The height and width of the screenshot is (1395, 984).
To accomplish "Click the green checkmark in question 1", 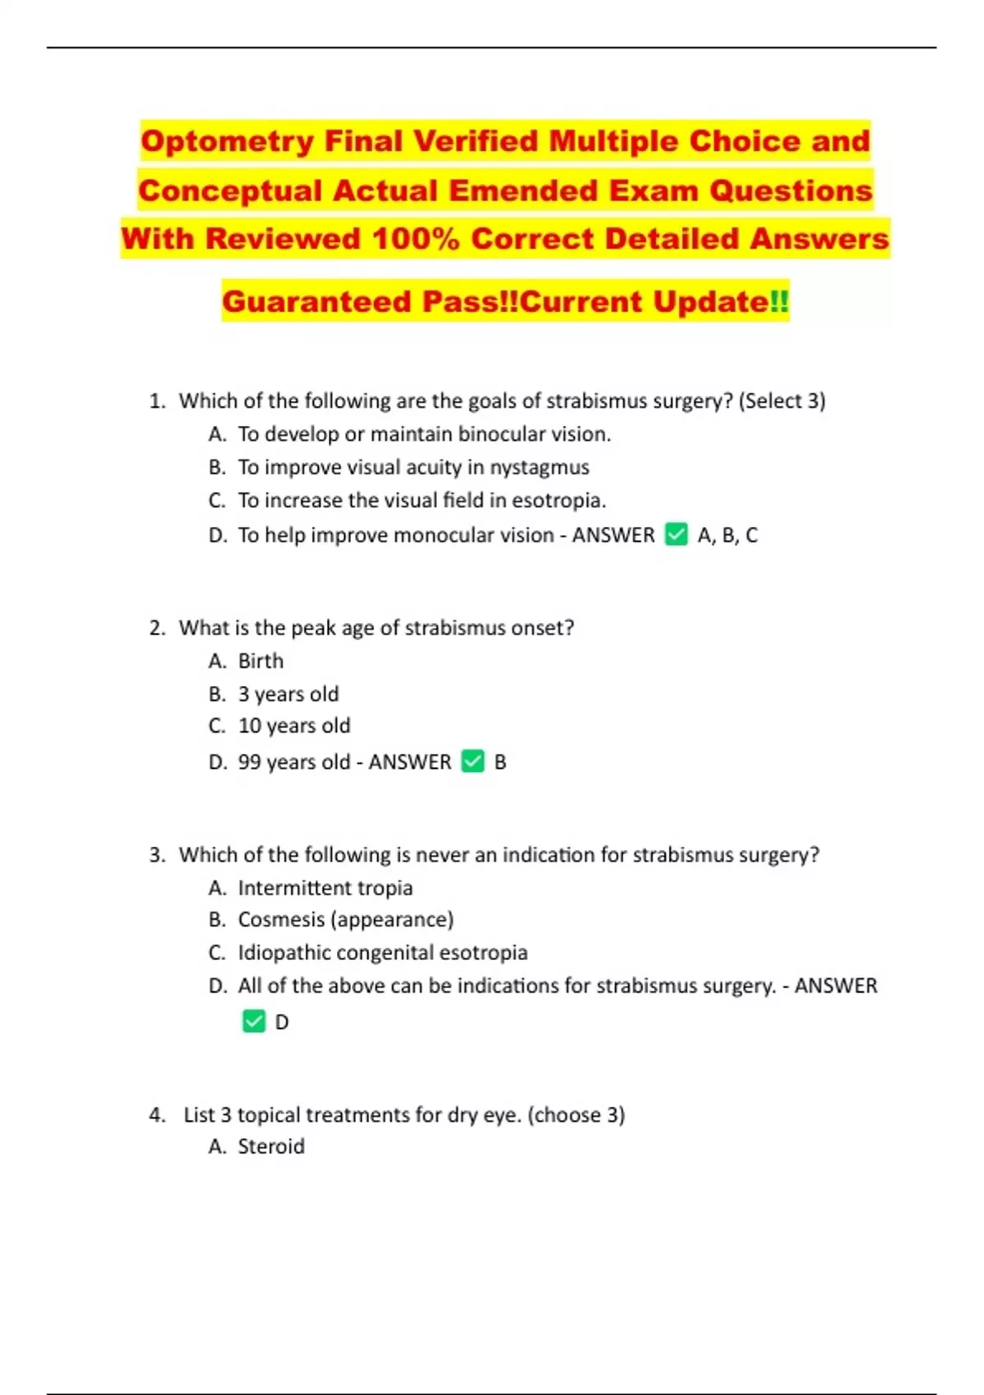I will (x=676, y=534).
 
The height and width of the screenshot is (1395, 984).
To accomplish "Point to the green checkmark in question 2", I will (x=473, y=762).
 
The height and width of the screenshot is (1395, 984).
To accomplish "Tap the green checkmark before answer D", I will (x=253, y=1022).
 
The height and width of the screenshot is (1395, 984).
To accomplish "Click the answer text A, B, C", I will (x=727, y=535).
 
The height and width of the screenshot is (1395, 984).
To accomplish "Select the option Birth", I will (x=261, y=661).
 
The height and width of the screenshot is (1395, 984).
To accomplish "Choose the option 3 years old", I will (x=288, y=694).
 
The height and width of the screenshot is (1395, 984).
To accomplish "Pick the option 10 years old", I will (x=294, y=726).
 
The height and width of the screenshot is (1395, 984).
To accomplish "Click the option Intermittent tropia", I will (x=325, y=888).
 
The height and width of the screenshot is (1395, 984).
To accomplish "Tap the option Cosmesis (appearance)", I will (x=345, y=920).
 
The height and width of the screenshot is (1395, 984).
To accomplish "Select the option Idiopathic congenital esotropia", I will (x=382, y=953).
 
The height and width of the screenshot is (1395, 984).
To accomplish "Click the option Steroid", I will (x=271, y=1146).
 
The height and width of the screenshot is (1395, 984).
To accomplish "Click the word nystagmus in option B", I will (x=540, y=468).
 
